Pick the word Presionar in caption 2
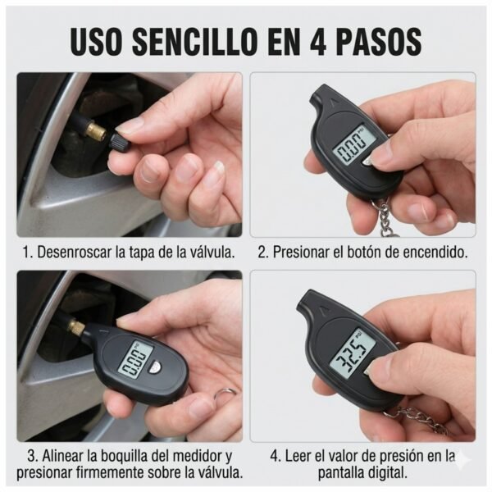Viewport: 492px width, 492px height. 301,252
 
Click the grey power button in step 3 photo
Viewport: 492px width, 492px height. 155,366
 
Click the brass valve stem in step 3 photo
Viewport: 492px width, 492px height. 77,327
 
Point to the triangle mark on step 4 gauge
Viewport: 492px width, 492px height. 321,309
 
